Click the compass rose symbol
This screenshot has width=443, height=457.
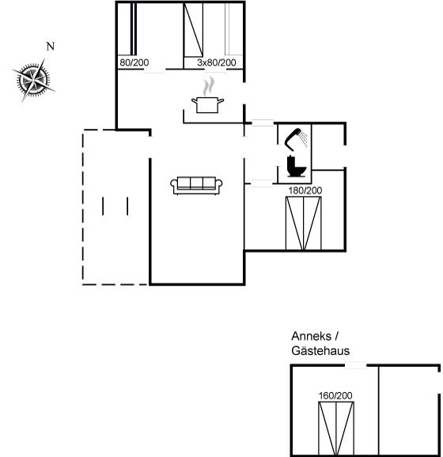coord(33,80)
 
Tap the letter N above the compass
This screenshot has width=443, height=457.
coord(51,46)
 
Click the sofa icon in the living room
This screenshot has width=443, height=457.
coord(196,185)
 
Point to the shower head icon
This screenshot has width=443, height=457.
coord(295,139)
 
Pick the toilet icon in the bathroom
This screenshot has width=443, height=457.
coord(297,166)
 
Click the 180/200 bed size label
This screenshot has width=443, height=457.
coord(305,191)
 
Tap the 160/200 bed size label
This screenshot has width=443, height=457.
coord(335,395)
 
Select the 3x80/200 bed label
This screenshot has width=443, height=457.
coord(217,62)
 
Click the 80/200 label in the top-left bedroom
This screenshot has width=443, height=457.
coord(134,62)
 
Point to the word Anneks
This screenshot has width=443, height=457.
coord(311,336)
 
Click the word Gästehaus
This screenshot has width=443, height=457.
coord(320,350)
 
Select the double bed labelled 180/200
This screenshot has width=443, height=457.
coord(304,223)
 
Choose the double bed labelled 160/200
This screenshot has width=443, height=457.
coord(336,429)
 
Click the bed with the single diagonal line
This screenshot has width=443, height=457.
coord(193,29)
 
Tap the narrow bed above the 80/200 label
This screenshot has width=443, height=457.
coord(133,28)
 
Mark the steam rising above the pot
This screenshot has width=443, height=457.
coord(209,86)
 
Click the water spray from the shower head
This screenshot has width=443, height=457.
coord(304,138)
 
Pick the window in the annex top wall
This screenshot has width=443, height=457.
coord(355,365)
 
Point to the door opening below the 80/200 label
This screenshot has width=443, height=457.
coord(155,70)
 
